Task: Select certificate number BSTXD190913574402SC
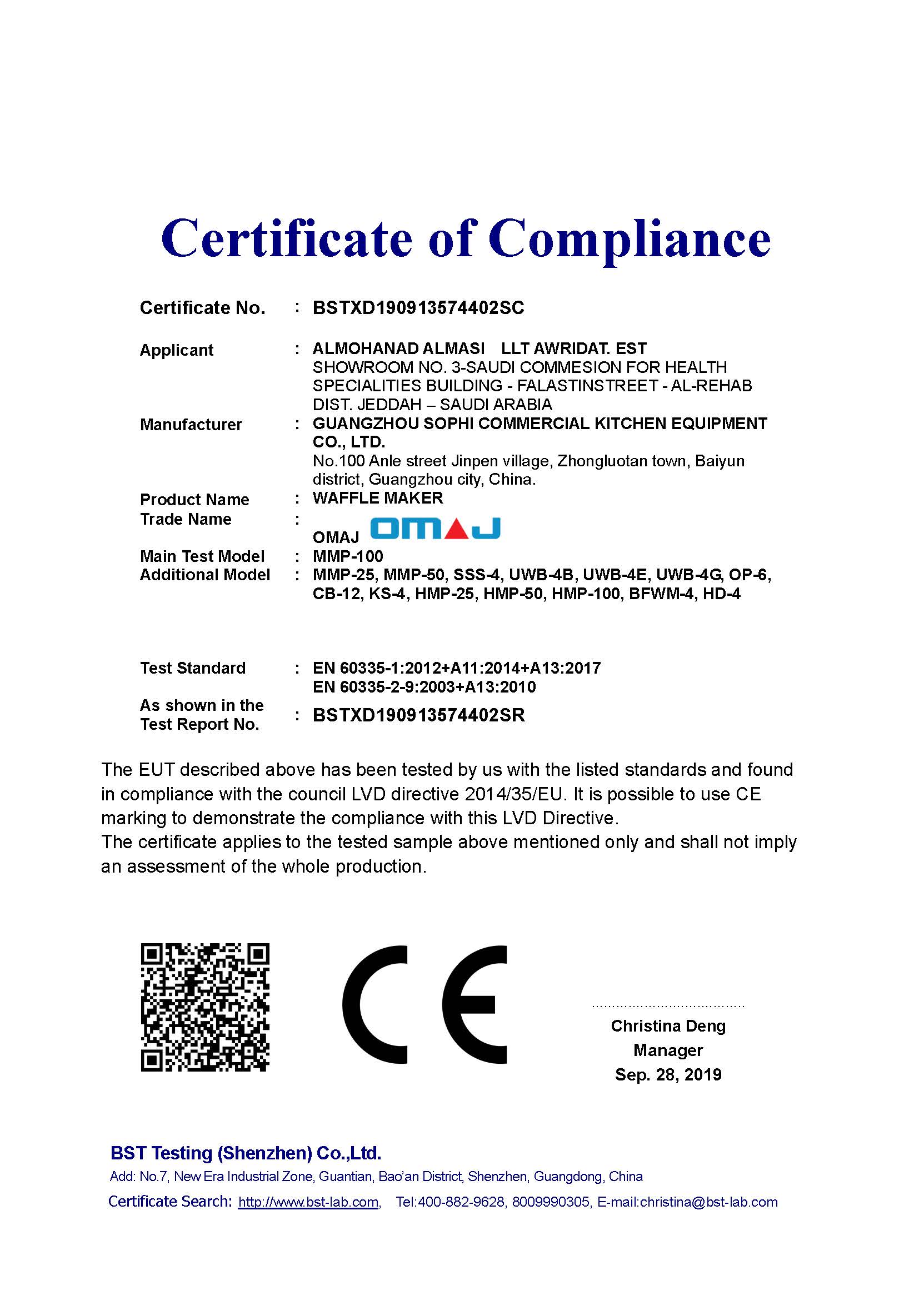click(418, 308)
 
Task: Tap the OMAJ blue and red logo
click(435, 528)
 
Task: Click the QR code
click(205, 1007)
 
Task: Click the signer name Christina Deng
click(668, 1026)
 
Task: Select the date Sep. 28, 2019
click(668, 1075)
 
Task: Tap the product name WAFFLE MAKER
click(377, 498)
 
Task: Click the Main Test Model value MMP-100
click(347, 556)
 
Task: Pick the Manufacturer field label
click(191, 425)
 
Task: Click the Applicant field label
click(177, 350)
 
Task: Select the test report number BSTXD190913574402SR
click(419, 716)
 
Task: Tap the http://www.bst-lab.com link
click(308, 1202)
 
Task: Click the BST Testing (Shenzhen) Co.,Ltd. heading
click(246, 1153)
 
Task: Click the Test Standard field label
click(192, 668)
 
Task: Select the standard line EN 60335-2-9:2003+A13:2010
click(424, 688)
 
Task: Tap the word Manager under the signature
click(668, 1050)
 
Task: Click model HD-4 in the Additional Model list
click(722, 594)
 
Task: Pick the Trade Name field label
click(186, 519)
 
